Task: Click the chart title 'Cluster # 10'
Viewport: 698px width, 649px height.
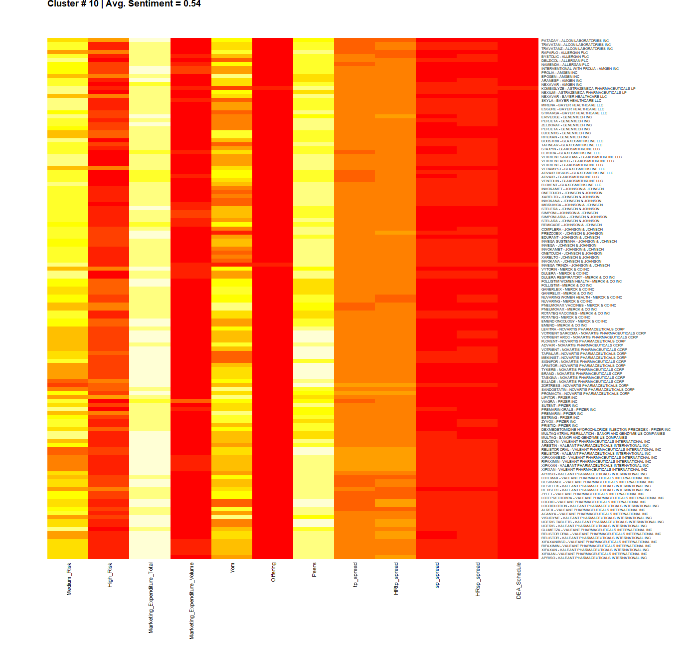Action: [x=73, y=4]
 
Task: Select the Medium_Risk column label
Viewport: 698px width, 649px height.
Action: [x=69, y=579]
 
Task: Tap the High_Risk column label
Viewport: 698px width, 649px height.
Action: [x=110, y=575]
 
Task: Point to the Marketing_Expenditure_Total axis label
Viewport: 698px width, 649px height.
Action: [x=151, y=598]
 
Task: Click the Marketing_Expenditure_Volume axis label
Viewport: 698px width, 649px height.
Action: [x=191, y=601]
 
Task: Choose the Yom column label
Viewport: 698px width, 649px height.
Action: [x=232, y=568]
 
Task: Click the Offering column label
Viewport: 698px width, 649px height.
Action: [x=273, y=572]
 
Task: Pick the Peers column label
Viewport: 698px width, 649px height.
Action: [x=314, y=570]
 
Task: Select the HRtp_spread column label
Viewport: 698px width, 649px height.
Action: [x=396, y=579]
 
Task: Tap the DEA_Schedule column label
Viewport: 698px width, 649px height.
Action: [x=519, y=581]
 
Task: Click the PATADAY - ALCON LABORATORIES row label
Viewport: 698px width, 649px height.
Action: [x=575, y=41]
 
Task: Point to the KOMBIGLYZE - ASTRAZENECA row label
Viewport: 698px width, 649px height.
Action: [x=588, y=89]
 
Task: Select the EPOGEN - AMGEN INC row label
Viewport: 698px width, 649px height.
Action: [x=560, y=77]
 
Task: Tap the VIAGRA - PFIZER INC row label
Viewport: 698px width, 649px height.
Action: [x=559, y=402]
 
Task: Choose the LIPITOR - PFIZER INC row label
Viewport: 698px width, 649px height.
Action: [x=559, y=398]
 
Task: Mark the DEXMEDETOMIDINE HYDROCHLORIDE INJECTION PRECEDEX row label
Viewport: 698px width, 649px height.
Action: [x=606, y=430]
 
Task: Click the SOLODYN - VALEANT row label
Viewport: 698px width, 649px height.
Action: [x=596, y=442]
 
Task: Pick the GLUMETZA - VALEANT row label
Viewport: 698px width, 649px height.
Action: [x=597, y=530]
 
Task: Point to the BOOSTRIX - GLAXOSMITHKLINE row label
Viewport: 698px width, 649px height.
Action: [x=572, y=141]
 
